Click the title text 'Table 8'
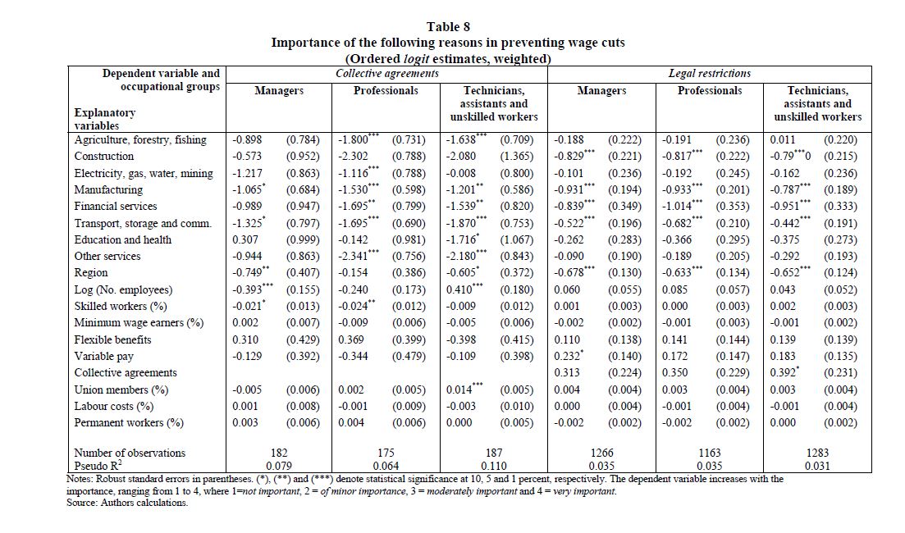(448, 26)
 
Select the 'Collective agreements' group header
(386, 73)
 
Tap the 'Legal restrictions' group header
(710, 73)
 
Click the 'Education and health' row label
(122, 239)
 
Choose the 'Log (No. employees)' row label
(123, 289)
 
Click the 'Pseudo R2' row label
(98, 466)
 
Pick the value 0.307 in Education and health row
(245, 239)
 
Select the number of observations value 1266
(602, 453)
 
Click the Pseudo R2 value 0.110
(493, 466)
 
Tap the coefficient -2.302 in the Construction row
(354, 157)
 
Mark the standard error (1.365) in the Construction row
(517, 157)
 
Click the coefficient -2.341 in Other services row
(354, 256)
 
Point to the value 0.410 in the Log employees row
(459, 289)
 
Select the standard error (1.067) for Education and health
(517, 239)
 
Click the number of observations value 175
(386, 453)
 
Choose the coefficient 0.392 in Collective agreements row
(783, 372)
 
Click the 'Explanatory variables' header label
(104, 119)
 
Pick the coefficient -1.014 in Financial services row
(676, 206)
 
